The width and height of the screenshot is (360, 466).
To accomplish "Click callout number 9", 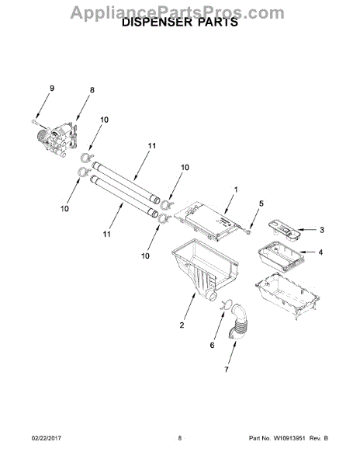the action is [52, 88].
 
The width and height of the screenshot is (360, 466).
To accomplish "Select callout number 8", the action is [92, 90].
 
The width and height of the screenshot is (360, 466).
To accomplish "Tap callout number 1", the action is [236, 190].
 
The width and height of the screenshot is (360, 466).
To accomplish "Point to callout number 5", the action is [261, 203].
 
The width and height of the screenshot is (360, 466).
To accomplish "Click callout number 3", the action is [322, 230].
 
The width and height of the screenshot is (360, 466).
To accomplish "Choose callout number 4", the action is [321, 252].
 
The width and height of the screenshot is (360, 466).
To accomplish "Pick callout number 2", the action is [182, 325].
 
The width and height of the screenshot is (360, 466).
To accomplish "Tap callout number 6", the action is [213, 345].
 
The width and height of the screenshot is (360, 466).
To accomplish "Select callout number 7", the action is [227, 370].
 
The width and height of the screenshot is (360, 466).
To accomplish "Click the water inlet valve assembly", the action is [58, 139].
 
